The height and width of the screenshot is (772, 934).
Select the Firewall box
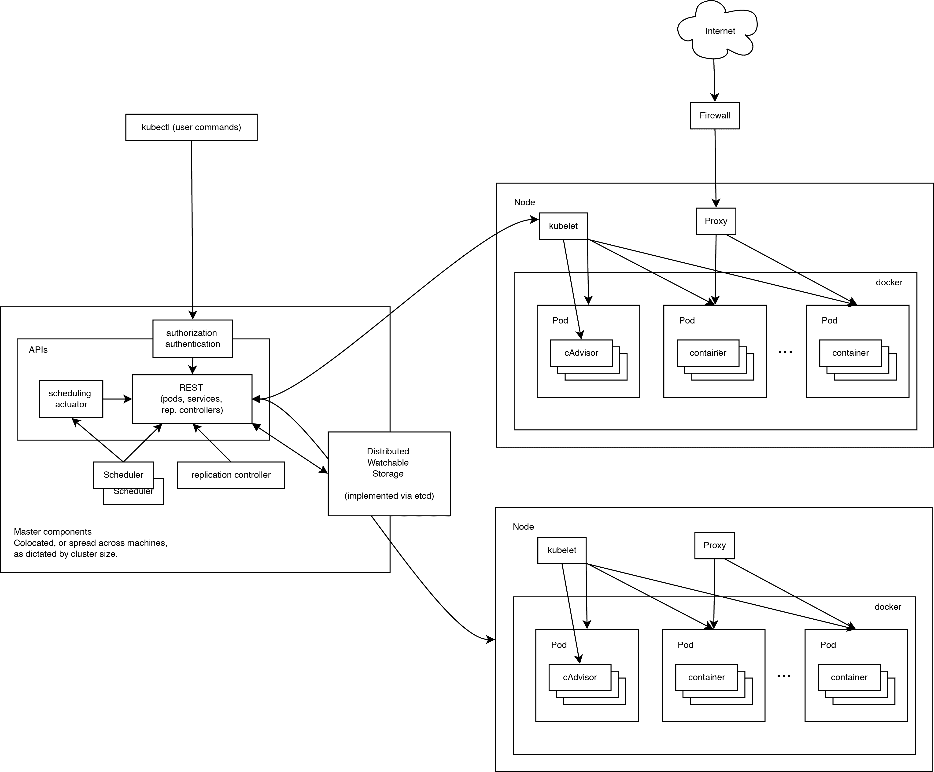point(715,116)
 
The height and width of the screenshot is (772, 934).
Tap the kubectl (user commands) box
point(191,127)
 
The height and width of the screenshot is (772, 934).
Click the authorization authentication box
point(192,338)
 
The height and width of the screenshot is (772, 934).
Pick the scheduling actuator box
point(71,399)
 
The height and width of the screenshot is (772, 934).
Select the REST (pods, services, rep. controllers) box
point(192,399)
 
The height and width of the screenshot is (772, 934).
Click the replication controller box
point(231,475)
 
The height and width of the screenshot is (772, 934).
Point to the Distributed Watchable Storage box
point(389,474)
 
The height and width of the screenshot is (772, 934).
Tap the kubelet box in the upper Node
point(563,226)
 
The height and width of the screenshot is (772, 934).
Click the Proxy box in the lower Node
point(714,545)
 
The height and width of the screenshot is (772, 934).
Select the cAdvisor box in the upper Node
point(581,353)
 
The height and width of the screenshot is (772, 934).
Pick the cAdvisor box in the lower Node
point(580,677)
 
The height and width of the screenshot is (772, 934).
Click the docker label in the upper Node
point(889,282)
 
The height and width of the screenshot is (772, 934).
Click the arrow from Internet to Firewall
point(714,80)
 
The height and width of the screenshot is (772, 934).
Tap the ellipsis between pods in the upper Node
point(785,352)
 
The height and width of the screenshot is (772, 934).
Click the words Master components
point(52,532)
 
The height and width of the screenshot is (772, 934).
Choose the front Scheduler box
point(123,474)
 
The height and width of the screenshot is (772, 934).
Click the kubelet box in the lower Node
point(562,550)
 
